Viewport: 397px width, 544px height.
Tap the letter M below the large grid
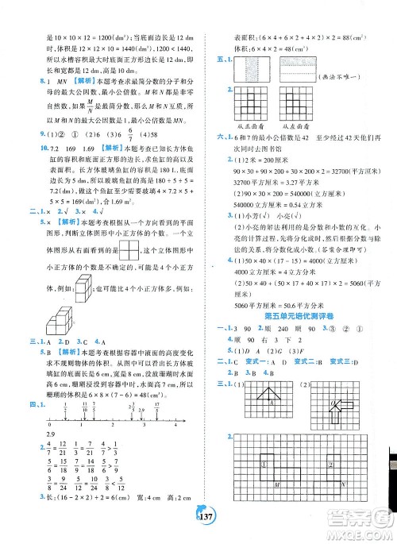[276, 507]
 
